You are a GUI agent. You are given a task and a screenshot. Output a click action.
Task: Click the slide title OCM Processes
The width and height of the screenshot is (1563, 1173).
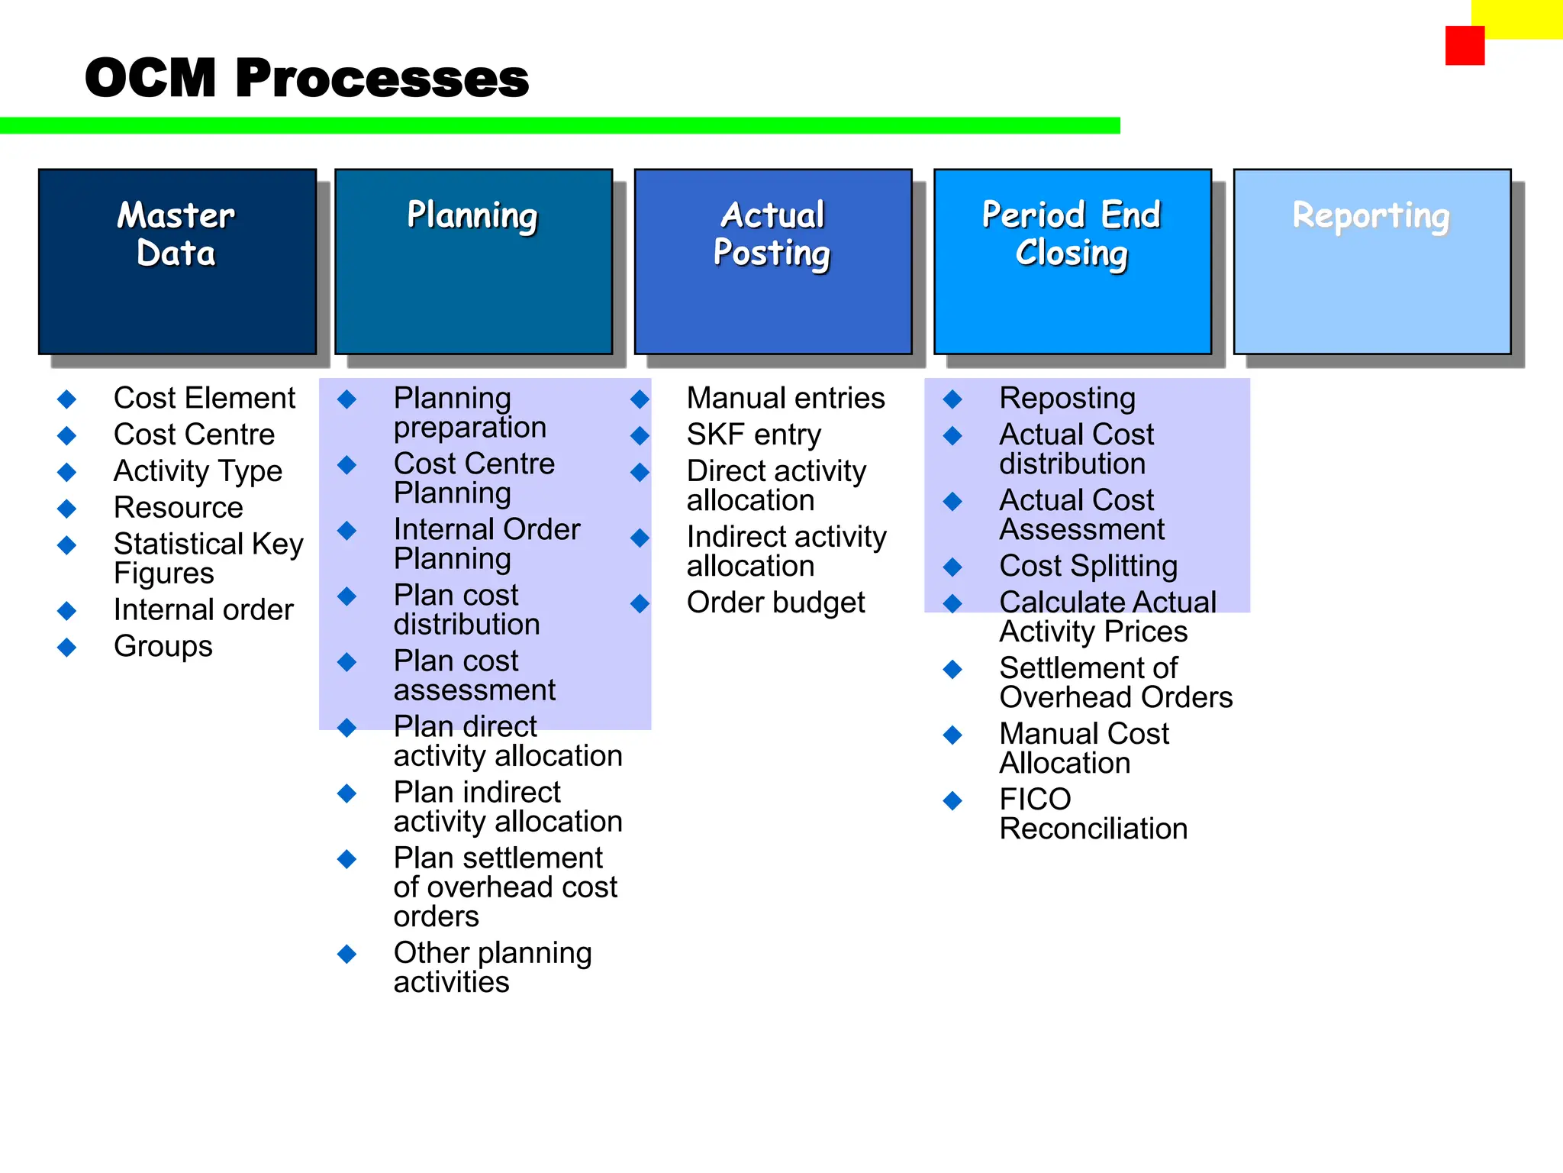(306, 78)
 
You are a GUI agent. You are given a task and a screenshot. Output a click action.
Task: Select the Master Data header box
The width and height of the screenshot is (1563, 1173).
(177, 261)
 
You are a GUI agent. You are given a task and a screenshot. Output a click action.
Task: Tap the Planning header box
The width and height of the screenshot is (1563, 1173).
(473, 261)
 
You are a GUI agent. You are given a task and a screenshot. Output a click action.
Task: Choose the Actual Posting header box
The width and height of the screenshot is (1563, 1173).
(772, 261)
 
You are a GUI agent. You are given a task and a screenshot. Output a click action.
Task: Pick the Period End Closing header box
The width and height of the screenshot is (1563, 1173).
(1072, 261)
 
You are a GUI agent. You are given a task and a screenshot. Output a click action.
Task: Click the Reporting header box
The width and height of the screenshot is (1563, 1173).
(1371, 261)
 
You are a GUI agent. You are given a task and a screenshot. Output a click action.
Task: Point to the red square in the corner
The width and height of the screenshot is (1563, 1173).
(1464, 46)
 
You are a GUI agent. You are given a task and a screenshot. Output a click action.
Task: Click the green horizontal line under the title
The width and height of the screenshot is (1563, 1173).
(559, 125)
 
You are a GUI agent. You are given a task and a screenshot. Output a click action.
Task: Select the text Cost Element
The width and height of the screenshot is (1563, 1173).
(204, 398)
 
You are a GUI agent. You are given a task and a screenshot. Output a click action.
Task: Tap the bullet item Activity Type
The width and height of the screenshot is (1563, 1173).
(198, 471)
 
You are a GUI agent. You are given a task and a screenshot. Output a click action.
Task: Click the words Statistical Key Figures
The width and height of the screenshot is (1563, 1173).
(208, 558)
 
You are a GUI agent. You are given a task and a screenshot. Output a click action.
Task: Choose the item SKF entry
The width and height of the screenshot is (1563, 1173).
(753, 435)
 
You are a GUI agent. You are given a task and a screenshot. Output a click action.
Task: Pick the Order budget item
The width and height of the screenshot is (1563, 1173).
(775, 603)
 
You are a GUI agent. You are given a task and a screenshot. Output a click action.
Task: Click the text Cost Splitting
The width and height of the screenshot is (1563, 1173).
(1088, 566)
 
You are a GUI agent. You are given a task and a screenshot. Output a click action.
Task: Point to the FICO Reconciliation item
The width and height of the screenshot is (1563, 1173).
(1093, 814)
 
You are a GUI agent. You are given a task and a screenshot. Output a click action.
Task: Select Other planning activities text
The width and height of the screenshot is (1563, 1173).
(492, 967)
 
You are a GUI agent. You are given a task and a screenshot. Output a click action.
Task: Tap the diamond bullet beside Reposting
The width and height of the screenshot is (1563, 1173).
(952, 399)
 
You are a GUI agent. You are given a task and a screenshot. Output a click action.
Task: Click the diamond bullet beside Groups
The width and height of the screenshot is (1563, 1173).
(67, 648)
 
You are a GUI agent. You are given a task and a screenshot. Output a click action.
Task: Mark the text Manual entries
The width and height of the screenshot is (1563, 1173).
(785, 398)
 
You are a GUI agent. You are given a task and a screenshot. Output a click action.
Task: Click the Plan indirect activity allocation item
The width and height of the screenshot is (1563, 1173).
(508, 806)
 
